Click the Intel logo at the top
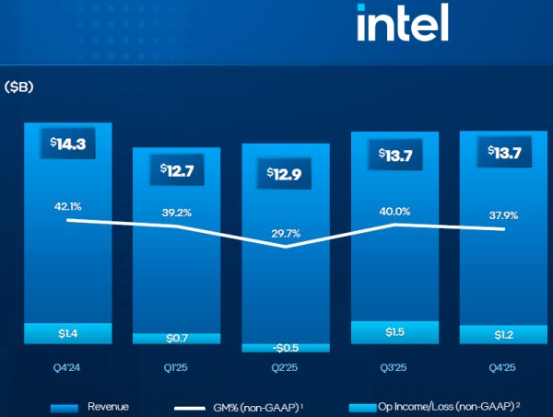coord(402,23)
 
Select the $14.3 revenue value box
coord(68,145)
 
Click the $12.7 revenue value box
coord(176,169)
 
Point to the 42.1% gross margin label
coord(67,205)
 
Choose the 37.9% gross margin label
coord(502,216)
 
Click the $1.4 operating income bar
coord(68,333)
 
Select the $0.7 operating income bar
coord(176,339)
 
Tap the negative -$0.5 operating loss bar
coord(285,348)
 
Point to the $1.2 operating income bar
coord(503,335)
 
